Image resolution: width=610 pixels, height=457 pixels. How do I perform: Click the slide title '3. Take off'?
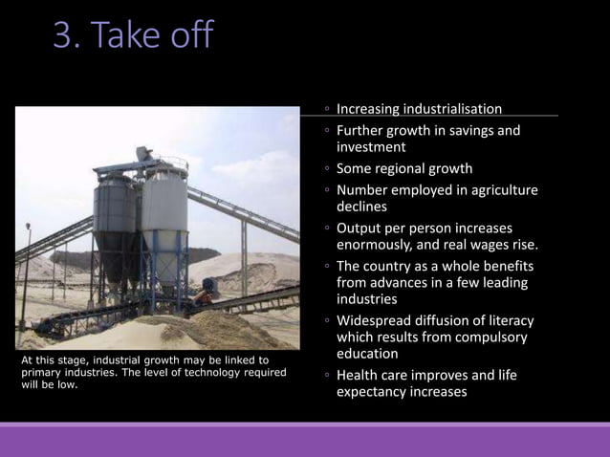tap(134, 36)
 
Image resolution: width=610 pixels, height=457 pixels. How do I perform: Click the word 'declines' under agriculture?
tap(361, 207)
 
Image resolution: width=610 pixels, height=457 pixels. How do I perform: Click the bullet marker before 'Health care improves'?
tap(327, 376)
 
